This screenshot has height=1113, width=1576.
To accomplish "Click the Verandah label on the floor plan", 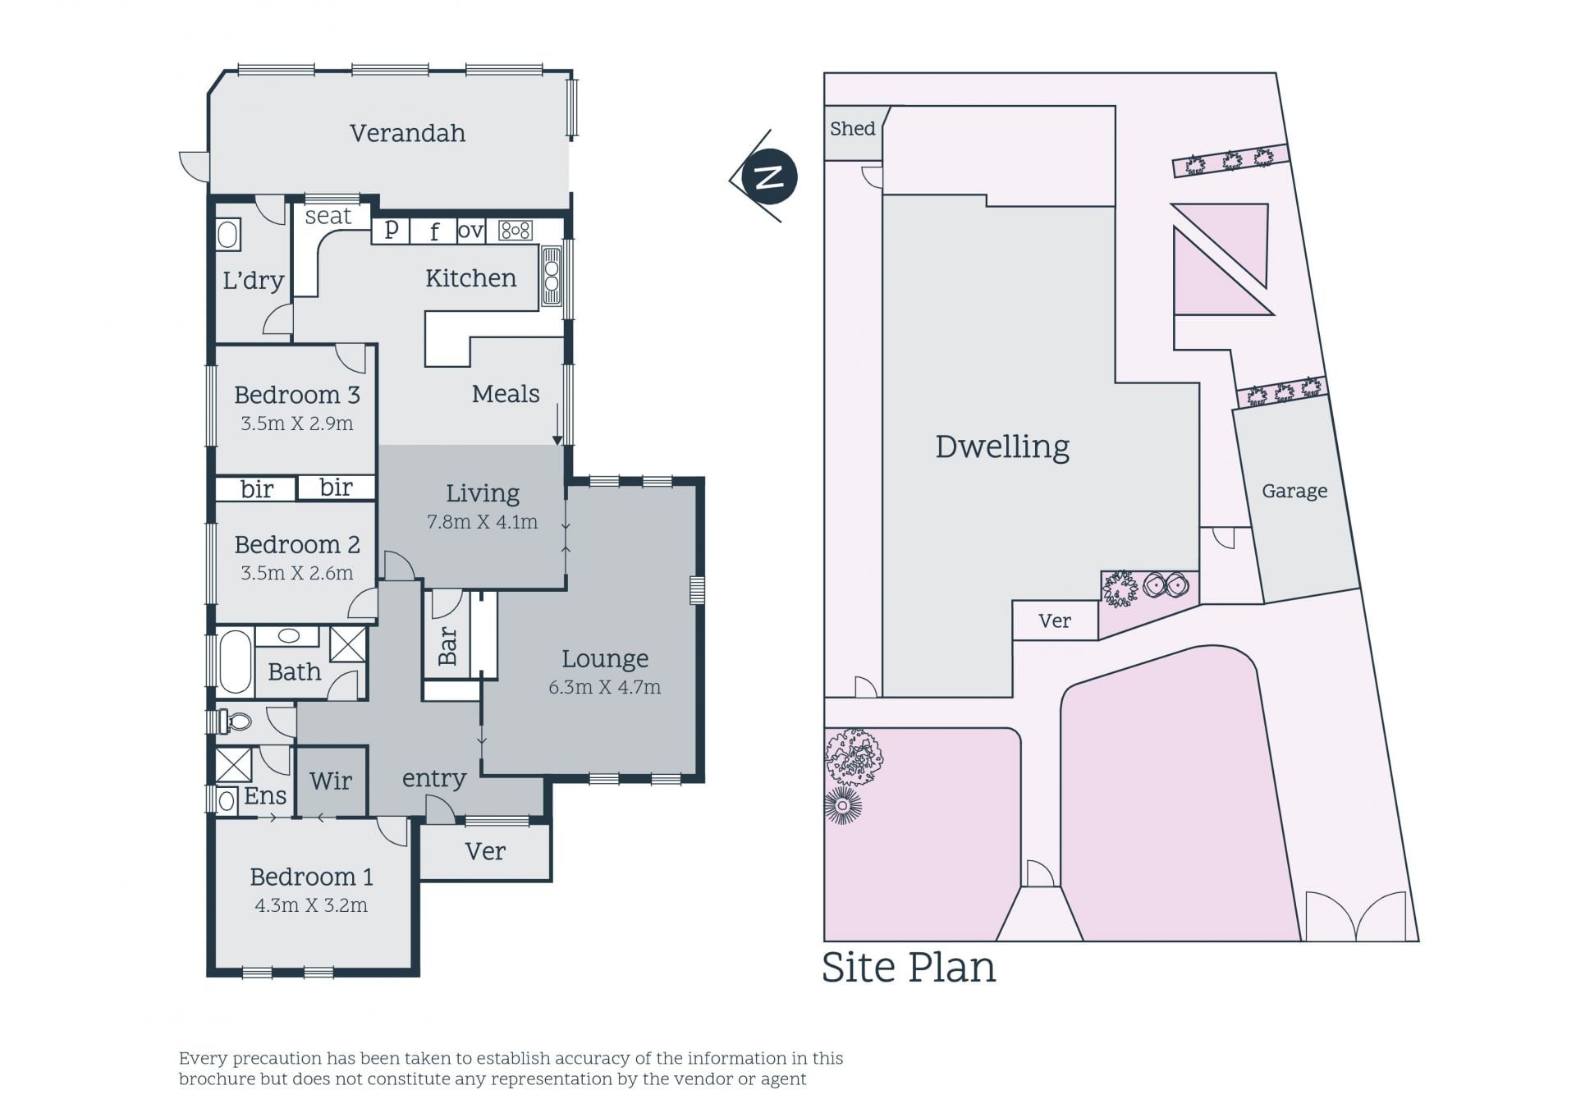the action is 407,133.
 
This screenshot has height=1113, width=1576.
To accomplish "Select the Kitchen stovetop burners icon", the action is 515,231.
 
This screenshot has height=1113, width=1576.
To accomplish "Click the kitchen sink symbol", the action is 551,276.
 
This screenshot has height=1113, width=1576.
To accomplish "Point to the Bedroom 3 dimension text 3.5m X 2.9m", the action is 297,424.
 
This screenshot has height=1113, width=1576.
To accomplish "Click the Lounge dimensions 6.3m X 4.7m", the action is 605,687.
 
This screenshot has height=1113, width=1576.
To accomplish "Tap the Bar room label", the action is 447,646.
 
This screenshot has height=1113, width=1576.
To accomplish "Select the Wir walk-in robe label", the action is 331,781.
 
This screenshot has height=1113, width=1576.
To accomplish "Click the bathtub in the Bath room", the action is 236,662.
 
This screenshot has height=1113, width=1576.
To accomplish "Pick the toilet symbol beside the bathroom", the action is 235,721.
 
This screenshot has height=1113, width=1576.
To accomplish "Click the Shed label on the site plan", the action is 853,128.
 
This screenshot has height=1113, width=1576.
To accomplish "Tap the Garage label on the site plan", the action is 1294,491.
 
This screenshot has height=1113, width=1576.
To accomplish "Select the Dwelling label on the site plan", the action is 1002,447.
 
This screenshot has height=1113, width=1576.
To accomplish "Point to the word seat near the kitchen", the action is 328,216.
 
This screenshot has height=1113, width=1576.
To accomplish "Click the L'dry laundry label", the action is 254,281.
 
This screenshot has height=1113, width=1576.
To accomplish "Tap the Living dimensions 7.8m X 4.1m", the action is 483,522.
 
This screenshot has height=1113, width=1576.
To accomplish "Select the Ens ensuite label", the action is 265,795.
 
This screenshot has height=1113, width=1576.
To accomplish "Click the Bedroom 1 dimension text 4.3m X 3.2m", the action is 311,905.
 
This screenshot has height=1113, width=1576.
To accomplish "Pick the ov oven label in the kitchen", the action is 470,231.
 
